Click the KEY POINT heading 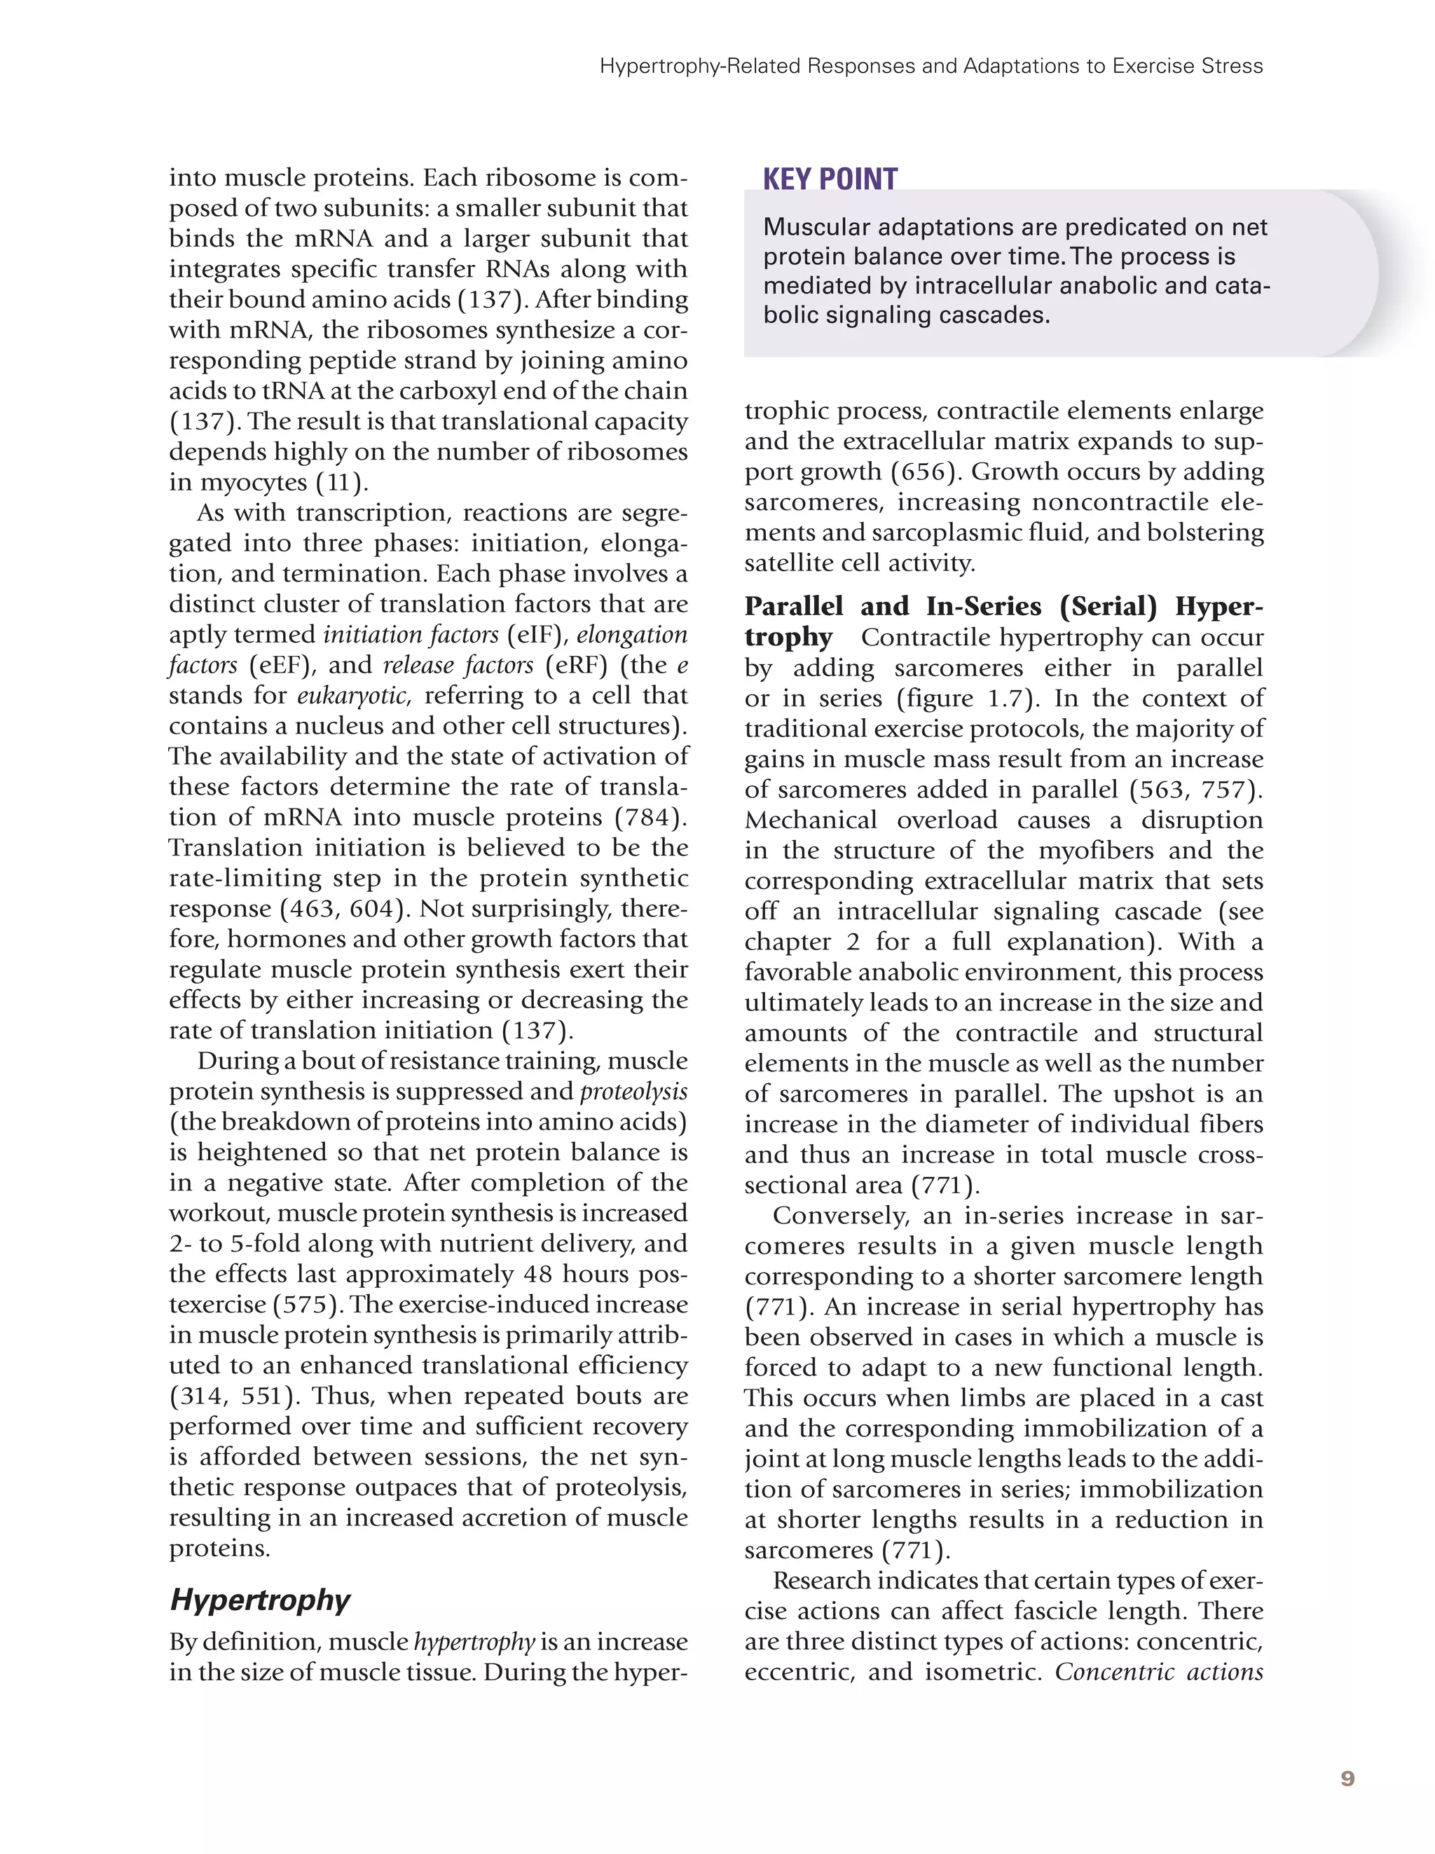tap(830, 179)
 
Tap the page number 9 tap(1347, 1778)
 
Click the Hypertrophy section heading tap(260, 1600)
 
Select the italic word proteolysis tap(633, 1092)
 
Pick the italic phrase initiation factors tap(411, 635)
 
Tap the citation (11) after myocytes tap(341, 483)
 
